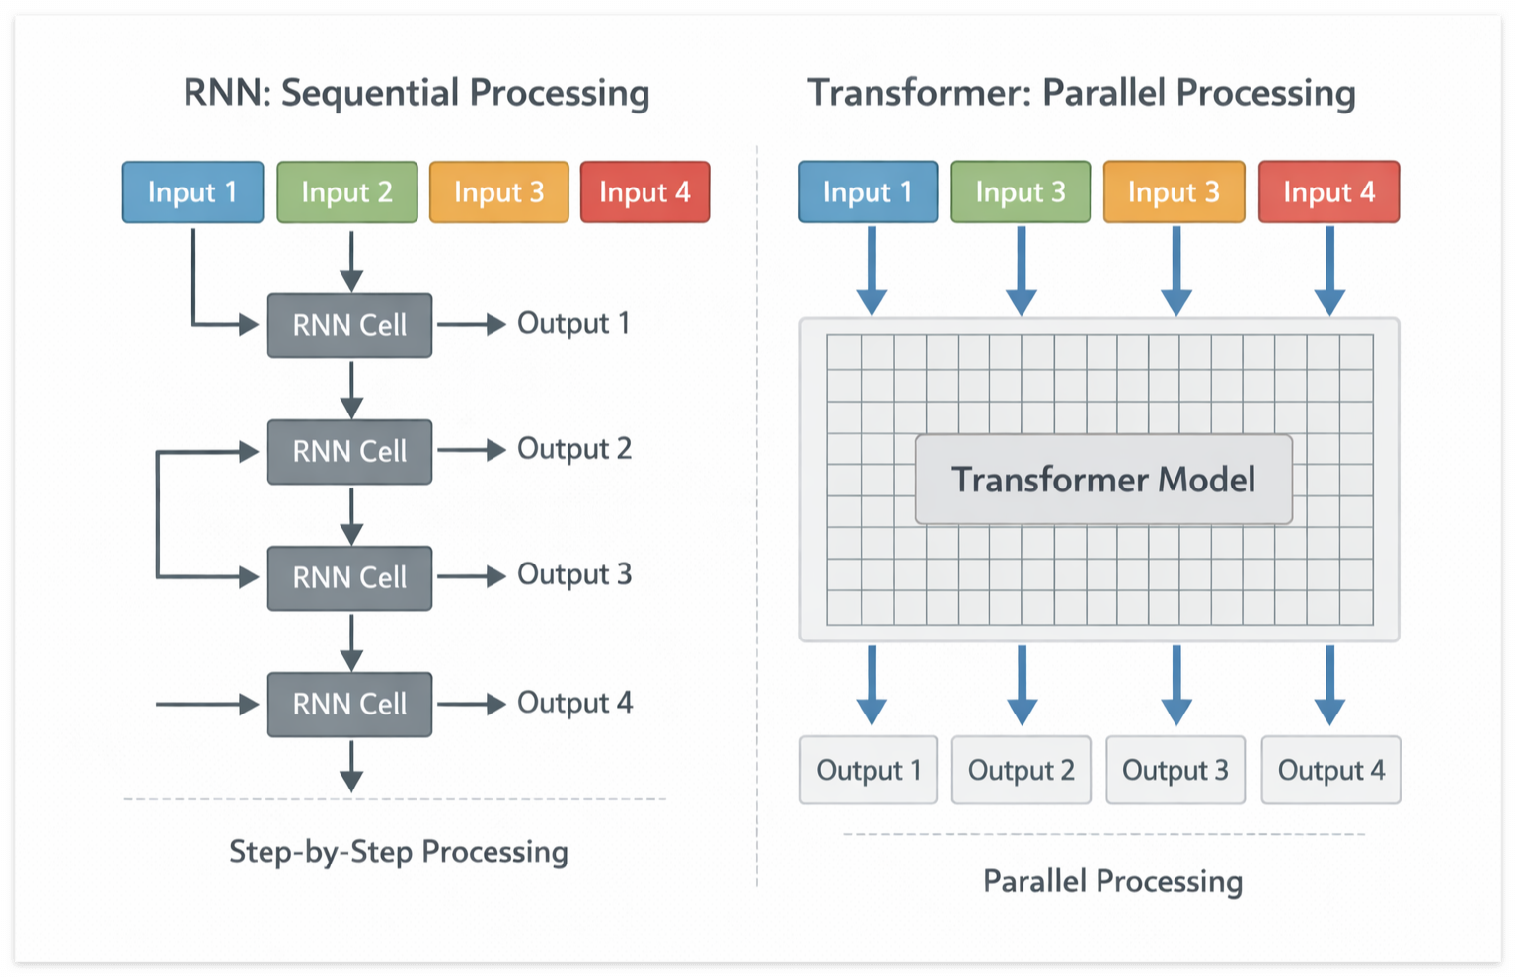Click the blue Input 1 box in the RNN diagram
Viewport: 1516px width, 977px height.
pyautogui.click(x=192, y=192)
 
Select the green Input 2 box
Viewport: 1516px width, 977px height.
pyautogui.click(x=346, y=192)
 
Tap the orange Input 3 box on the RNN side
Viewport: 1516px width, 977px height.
pyautogui.click(x=498, y=192)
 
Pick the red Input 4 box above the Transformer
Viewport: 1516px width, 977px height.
pyautogui.click(x=1328, y=192)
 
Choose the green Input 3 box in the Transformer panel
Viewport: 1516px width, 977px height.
pyautogui.click(x=1021, y=192)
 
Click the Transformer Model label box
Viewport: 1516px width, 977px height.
pyautogui.click(x=1103, y=480)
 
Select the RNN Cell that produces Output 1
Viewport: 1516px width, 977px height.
pyautogui.click(x=349, y=325)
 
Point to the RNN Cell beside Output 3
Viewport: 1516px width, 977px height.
pyautogui.click(x=349, y=577)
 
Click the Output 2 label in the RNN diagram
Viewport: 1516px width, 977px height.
pyautogui.click(x=573, y=449)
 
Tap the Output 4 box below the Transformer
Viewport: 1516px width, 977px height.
pyautogui.click(x=1330, y=770)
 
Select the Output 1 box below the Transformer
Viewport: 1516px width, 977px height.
pyautogui.click(x=869, y=770)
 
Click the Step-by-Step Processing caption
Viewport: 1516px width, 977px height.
pyautogui.click(x=398, y=852)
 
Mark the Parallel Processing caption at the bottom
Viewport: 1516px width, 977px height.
pyautogui.click(x=1112, y=881)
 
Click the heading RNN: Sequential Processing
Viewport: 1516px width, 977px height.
pyautogui.click(x=417, y=93)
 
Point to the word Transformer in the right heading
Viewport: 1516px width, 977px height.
pyautogui.click(x=917, y=93)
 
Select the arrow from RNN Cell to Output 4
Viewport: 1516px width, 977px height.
pyautogui.click(x=471, y=704)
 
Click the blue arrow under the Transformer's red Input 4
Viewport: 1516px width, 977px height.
pyautogui.click(x=1329, y=269)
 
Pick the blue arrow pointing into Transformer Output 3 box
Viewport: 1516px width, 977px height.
pyautogui.click(x=1175, y=685)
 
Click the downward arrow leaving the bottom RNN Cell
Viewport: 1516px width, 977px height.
pyautogui.click(x=351, y=766)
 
